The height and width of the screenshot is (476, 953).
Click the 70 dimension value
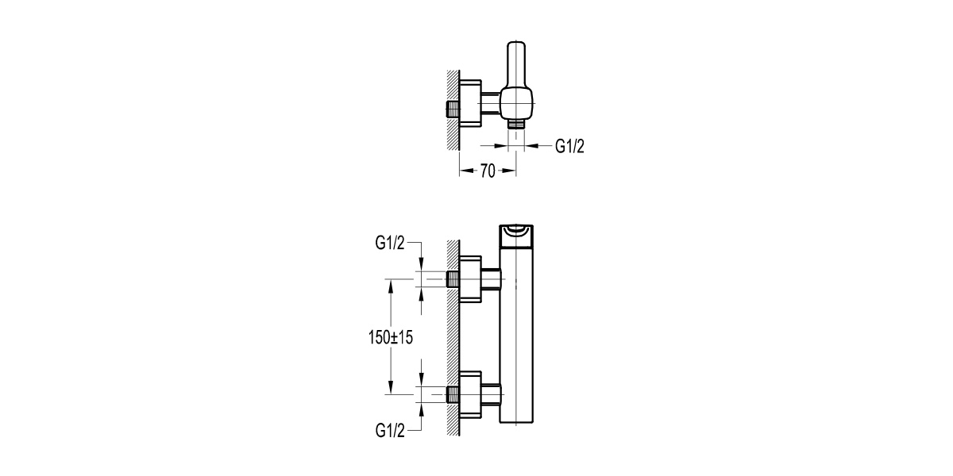click(x=488, y=171)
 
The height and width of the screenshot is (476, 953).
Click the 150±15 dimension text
click(x=391, y=337)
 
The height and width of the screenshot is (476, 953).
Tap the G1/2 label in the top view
click(x=569, y=146)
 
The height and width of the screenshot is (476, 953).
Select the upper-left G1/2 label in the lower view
click(x=390, y=243)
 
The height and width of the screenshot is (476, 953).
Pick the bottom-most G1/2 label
click(x=390, y=431)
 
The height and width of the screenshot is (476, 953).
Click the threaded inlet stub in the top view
click(x=453, y=109)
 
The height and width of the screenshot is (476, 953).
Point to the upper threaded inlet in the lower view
click(x=453, y=279)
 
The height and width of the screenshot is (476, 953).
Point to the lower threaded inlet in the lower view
click(x=453, y=394)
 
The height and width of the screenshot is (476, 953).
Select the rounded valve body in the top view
click(x=516, y=103)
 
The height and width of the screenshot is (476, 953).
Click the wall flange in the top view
click(x=470, y=103)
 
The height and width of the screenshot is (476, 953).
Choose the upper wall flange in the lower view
click(x=470, y=279)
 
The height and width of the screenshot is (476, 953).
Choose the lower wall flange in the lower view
click(x=470, y=394)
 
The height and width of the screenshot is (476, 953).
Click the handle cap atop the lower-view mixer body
click(x=516, y=236)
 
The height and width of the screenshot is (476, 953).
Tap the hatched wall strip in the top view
click(x=453, y=109)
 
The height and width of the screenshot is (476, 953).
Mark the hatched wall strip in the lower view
click(x=453, y=338)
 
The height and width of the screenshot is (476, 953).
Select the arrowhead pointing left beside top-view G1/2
click(x=532, y=146)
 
